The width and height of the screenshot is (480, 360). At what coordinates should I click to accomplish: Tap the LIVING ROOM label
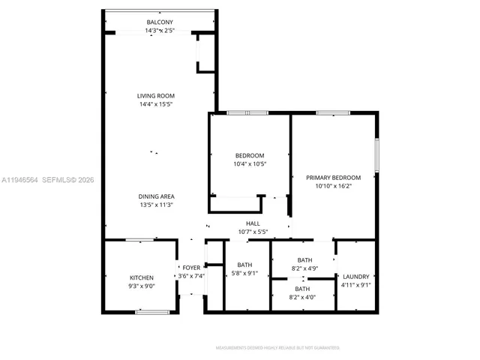coord(156,96)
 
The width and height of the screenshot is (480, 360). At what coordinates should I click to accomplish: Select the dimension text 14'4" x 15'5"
coord(156,104)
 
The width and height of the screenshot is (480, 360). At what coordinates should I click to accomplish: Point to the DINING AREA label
coord(156,196)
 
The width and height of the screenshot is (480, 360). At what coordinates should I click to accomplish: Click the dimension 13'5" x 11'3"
coord(156,205)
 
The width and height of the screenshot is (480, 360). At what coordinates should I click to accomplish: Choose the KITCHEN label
coord(141,277)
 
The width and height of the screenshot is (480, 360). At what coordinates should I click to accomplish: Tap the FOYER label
coord(191,268)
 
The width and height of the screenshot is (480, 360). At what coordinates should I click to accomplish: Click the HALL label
coord(253,223)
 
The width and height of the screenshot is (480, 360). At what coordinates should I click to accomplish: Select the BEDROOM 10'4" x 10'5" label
coord(250,155)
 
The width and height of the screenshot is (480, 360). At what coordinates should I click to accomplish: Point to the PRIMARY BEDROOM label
coord(333,178)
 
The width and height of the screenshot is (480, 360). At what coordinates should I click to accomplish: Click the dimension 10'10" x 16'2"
coord(333,186)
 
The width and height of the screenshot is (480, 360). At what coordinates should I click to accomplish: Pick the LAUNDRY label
coord(356,277)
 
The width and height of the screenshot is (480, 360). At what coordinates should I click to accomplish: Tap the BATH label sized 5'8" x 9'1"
coord(244,265)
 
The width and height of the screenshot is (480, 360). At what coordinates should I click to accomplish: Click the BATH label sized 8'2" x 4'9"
coord(304,260)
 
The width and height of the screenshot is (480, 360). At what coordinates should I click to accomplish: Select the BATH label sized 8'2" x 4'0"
coord(302,289)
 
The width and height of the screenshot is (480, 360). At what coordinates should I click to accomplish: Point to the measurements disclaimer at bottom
coord(277,348)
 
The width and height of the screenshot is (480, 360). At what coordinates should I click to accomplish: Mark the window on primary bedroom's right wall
coord(377,156)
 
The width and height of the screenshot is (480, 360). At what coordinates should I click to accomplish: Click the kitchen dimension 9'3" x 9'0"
coord(141,286)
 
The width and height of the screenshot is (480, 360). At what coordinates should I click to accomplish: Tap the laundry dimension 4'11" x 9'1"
coord(356,285)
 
